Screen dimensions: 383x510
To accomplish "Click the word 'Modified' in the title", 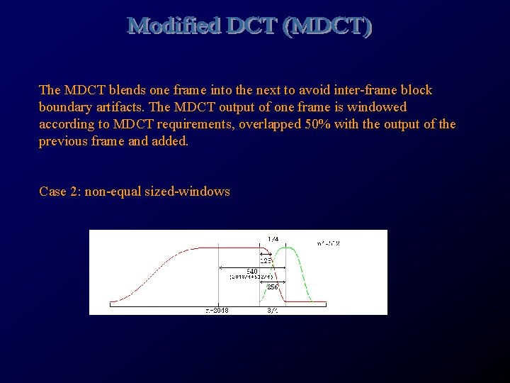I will [x=174, y=26].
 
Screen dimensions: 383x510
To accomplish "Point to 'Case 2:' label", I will [x=60, y=191].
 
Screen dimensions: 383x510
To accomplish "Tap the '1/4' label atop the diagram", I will [x=273, y=238].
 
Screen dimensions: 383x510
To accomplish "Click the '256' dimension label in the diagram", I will [x=273, y=287].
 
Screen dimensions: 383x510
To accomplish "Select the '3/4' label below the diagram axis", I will [x=273, y=310].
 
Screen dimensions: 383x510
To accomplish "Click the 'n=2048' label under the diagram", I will [x=217, y=310].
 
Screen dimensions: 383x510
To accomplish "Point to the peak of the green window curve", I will [x=288, y=248].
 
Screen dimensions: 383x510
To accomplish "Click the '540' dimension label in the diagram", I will [x=251, y=271].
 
